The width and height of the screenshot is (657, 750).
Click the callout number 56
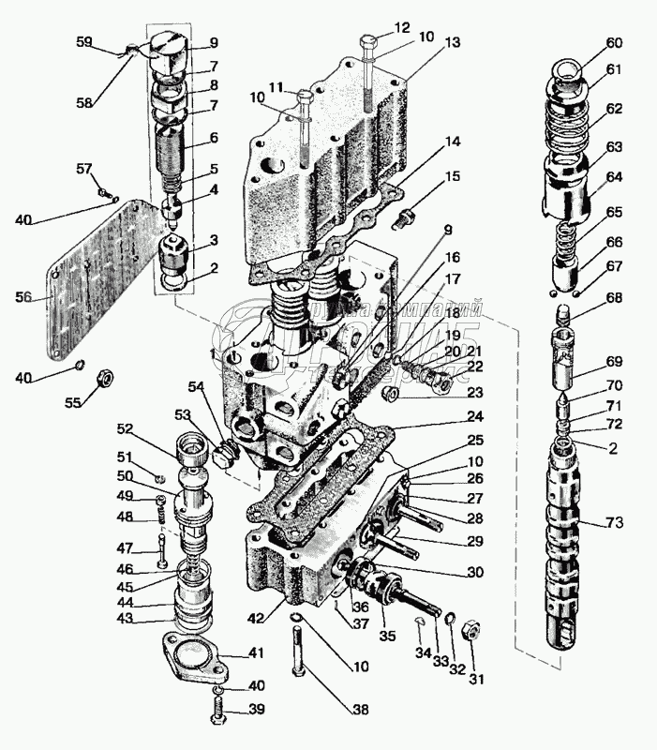24,296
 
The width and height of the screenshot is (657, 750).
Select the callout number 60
614,42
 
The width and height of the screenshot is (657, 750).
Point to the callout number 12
376,26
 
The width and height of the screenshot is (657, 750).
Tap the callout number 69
615,363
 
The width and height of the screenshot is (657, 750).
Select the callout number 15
454,176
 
